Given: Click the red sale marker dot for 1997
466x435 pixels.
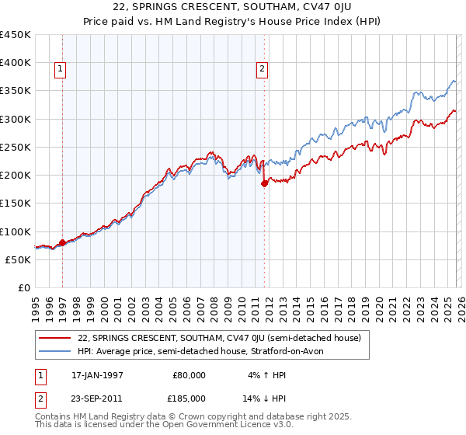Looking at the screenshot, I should coord(62,242).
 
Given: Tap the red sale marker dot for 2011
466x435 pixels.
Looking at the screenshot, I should coord(264,183).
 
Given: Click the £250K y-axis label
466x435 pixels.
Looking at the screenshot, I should coord(16,147).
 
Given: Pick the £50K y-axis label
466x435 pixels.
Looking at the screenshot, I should coord(19,259).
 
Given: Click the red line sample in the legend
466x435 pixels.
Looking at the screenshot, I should coord(55,338).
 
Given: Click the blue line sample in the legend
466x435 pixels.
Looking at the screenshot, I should coord(55,351).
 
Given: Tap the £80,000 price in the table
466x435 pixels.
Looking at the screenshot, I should coord(187,374).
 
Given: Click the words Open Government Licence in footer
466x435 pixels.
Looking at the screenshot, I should coord(222,426).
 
